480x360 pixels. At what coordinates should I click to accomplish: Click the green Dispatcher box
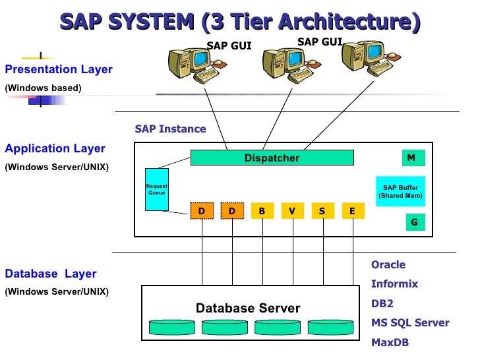[x=272, y=158]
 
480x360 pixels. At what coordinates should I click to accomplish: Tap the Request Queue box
[x=156, y=190]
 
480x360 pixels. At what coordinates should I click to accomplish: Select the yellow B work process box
[x=262, y=211]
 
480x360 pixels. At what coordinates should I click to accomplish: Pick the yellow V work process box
[x=291, y=211]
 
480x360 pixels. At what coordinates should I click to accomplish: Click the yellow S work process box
[x=322, y=211]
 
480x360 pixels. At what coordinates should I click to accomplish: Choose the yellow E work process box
[x=352, y=211]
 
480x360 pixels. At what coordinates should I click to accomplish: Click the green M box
[x=411, y=158]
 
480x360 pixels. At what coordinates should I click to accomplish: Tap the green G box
[x=414, y=223]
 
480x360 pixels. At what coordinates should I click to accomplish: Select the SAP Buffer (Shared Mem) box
[x=400, y=192]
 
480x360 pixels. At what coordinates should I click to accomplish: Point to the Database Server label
[x=248, y=309]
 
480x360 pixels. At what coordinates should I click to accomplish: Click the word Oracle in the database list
[x=388, y=265]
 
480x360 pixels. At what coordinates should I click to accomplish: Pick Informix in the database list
[x=394, y=285]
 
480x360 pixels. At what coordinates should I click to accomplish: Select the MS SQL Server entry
[x=409, y=323]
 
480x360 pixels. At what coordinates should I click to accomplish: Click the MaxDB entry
[x=390, y=343]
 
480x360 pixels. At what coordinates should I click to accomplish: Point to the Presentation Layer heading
[x=59, y=70]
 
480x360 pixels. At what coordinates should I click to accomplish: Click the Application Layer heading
[x=55, y=149]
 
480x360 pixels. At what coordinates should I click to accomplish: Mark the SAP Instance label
[x=170, y=129]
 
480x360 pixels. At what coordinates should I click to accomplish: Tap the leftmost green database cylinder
[x=172, y=327]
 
